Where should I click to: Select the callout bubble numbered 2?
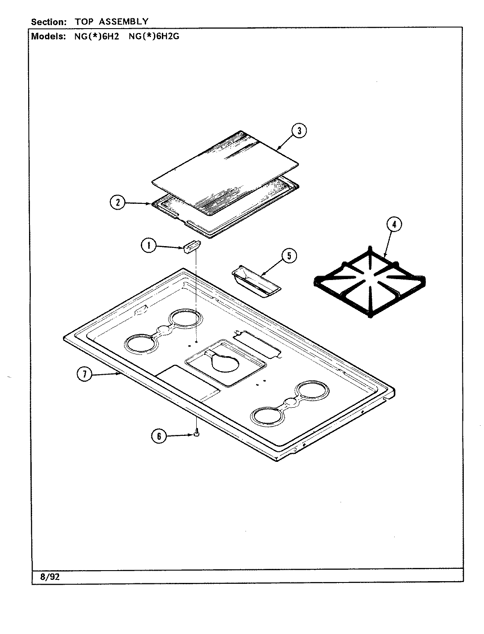[117, 203]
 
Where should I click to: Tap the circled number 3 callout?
[299, 130]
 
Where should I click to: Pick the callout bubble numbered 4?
[394, 225]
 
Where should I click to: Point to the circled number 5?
[289, 256]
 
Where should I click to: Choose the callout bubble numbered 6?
[159, 436]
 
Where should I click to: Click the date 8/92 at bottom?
[50, 577]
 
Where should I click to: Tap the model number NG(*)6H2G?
[154, 37]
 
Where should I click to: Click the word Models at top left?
[48, 37]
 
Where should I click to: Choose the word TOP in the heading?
[84, 21]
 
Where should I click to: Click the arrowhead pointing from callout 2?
[149, 203]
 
